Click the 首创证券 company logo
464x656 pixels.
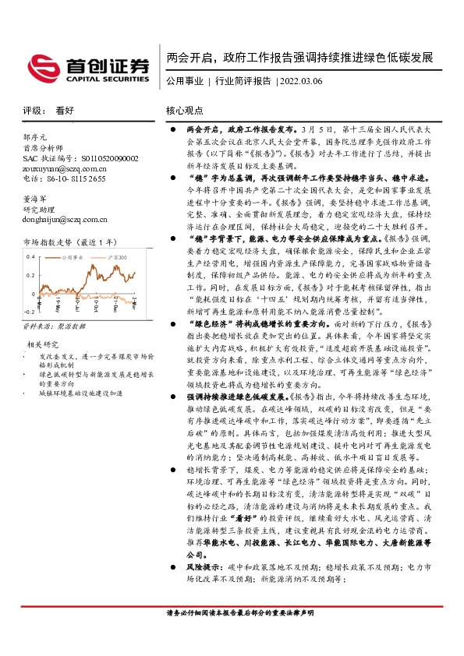point(87,67)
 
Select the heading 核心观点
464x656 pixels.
point(185,111)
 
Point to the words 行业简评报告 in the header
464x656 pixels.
point(243,80)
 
